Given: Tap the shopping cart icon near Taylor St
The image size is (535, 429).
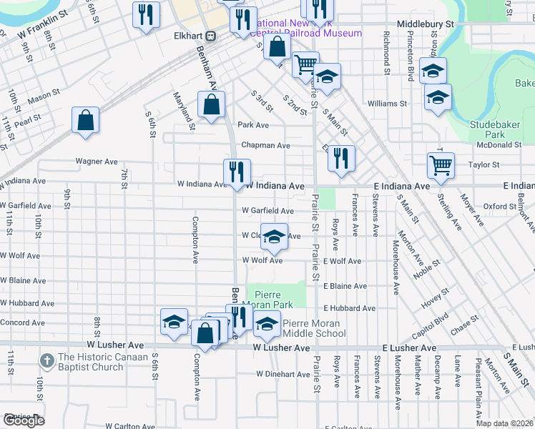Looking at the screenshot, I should tap(441, 165).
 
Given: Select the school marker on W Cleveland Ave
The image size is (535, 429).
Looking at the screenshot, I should tap(273, 237).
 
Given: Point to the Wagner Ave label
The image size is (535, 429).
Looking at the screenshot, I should tap(96, 162).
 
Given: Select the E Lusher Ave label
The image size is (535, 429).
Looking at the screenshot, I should tap(408, 347).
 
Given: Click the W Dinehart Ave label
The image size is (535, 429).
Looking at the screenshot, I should tap(283, 374).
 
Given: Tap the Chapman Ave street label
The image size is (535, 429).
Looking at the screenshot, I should tap(265, 145).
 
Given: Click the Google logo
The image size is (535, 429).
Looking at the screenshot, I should tap(23, 420).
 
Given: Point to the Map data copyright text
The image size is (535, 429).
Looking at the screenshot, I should tap(504, 423).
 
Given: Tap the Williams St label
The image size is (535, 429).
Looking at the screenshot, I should tap(387, 104).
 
